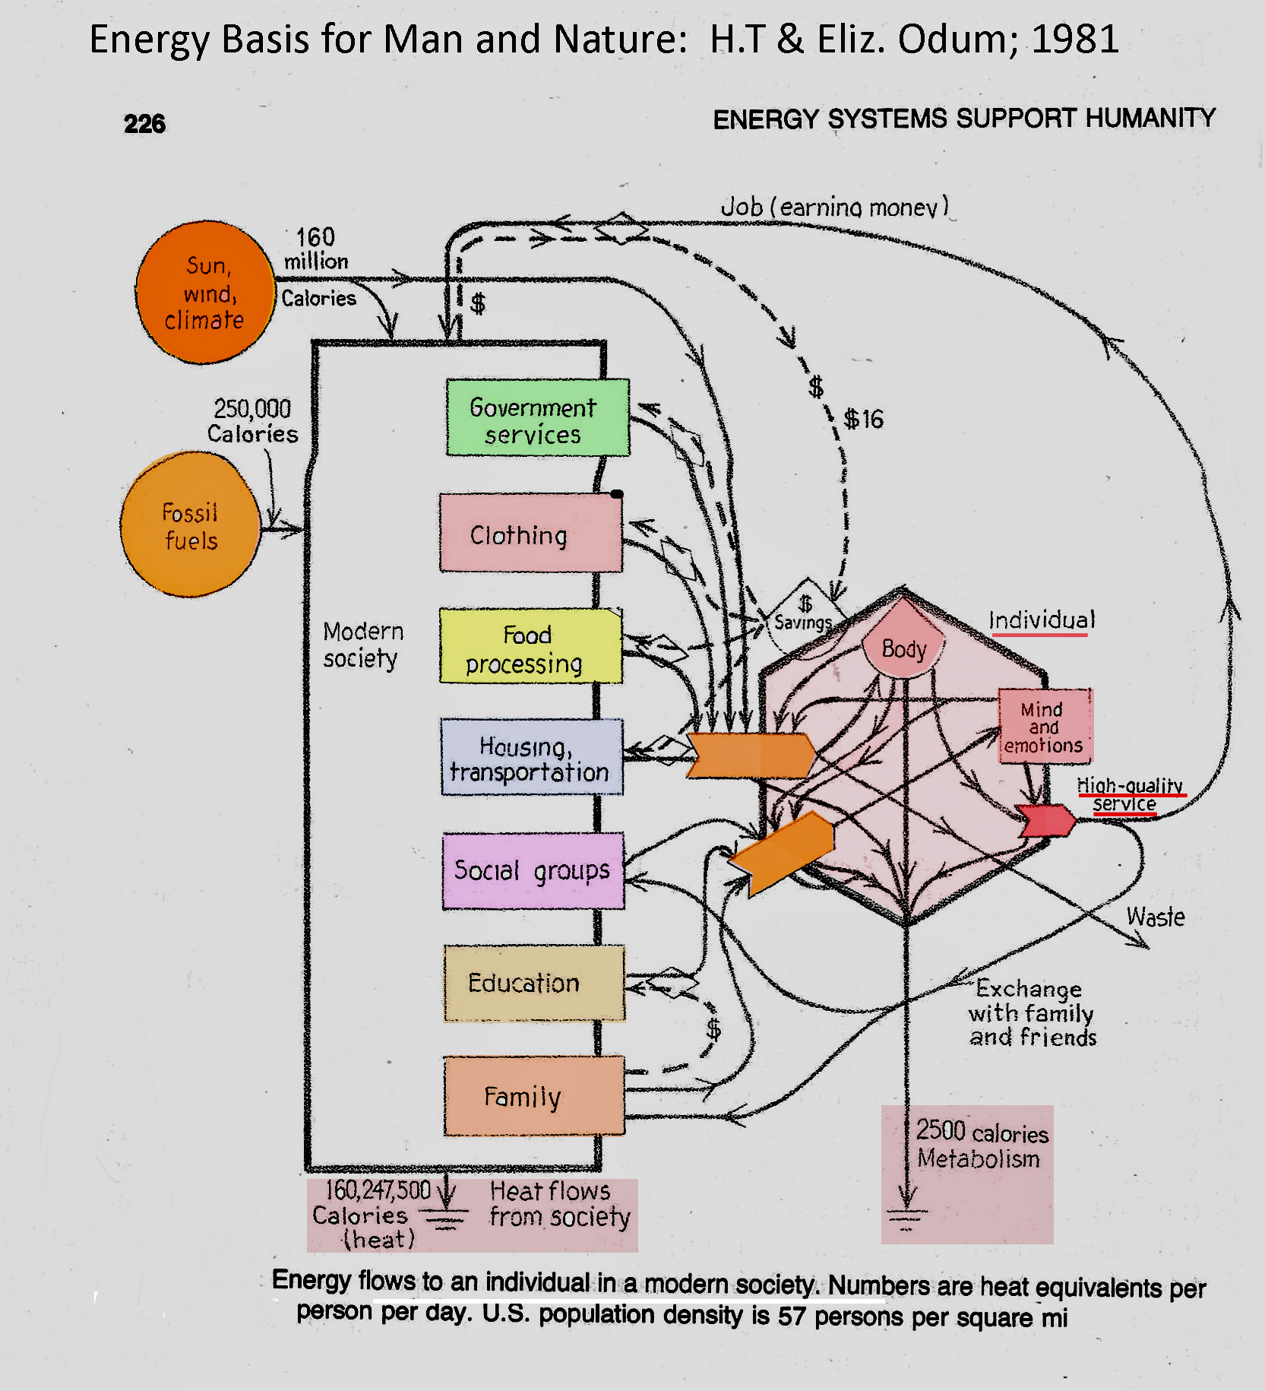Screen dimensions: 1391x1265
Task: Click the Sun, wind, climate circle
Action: [x=205, y=293]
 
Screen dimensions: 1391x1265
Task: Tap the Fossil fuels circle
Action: [x=191, y=525]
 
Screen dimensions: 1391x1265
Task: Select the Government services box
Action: [x=537, y=418]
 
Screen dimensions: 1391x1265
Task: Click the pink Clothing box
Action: [x=530, y=534]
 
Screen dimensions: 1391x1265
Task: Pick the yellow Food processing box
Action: [x=530, y=647]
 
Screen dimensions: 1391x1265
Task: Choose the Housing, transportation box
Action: [x=532, y=758]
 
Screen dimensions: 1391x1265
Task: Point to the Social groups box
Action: [x=533, y=871]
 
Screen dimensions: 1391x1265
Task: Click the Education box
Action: [x=534, y=984]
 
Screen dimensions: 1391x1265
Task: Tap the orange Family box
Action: [x=533, y=1096]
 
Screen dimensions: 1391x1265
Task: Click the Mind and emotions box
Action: [x=1045, y=727]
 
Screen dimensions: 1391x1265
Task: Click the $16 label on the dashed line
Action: [x=864, y=419]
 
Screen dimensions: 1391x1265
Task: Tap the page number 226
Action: [x=144, y=124]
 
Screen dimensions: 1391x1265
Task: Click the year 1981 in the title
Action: [x=1074, y=40]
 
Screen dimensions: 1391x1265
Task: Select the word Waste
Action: [x=1155, y=917]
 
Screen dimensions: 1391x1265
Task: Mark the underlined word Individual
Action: [x=1042, y=621]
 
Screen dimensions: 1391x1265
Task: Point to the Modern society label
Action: [x=362, y=645]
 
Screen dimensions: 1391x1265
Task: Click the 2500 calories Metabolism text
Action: [x=981, y=1145]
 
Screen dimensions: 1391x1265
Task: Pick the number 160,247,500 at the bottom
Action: [x=378, y=1190]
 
